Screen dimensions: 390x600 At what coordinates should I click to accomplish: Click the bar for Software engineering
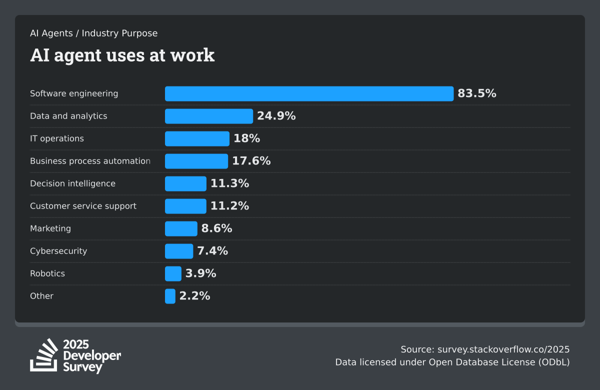point(309,93)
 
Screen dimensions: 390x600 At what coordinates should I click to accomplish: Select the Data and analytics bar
point(208,116)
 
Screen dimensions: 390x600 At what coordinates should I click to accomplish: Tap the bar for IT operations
point(197,138)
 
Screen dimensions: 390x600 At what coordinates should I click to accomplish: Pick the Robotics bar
point(173,273)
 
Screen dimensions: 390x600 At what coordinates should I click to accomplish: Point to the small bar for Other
point(170,296)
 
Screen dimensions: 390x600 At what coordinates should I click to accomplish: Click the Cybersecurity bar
point(179,251)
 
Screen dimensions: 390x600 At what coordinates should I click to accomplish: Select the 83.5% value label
point(476,93)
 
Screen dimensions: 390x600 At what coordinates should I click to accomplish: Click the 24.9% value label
point(276,116)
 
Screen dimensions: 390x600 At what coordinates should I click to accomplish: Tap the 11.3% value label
point(229,183)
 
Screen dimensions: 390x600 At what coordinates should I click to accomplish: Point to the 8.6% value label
point(216,228)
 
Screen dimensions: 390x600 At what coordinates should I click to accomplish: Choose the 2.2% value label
point(194,296)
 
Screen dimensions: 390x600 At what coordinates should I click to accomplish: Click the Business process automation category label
point(90,161)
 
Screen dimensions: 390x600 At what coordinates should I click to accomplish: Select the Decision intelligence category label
point(72,183)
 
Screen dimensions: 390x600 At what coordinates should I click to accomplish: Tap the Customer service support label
point(83,206)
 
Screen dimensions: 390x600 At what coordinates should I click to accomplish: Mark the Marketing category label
point(50,228)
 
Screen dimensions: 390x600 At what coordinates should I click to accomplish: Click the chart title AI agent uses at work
point(122,55)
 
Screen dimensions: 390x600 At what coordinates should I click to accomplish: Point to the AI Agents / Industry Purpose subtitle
point(93,33)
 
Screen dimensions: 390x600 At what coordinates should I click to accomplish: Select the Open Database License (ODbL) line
point(452,362)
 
